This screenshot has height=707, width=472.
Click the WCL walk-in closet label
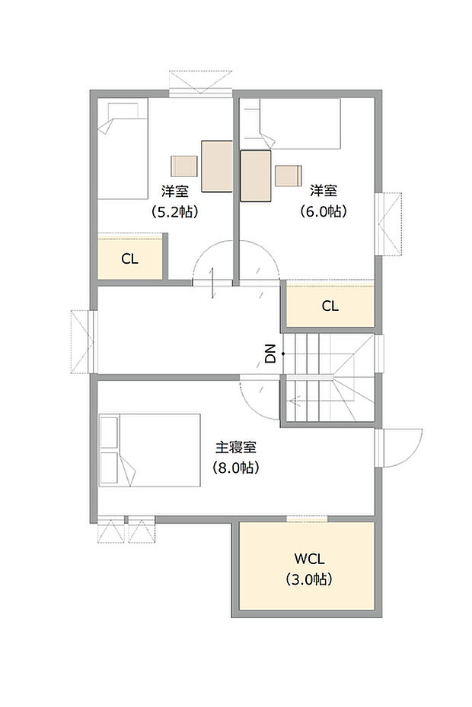pyautogui.click(x=308, y=560)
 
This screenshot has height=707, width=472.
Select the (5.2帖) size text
pyautogui.click(x=174, y=212)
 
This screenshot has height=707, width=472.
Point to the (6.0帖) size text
pyautogui.click(x=323, y=211)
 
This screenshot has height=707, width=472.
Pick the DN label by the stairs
pyautogui.click(x=269, y=353)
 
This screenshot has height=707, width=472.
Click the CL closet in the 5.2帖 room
pyautogui.click(x=130, y=258)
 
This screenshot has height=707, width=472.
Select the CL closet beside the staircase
pyautogui.click(x=330, y=306)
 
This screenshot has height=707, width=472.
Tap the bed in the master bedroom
pyautogui.click(x=149, y=450)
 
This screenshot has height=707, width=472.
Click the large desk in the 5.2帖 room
pyautogui.click(x=217, y=166)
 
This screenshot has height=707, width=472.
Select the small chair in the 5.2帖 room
pyautogui.click(x=184, y=166)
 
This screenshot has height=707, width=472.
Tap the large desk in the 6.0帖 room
pyautogui.click(x=256, y=176)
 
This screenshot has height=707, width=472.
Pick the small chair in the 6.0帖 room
pyautogui.click(x=289, y=176)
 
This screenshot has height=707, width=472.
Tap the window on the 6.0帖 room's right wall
pyautogui.click(x=390, y=224)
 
